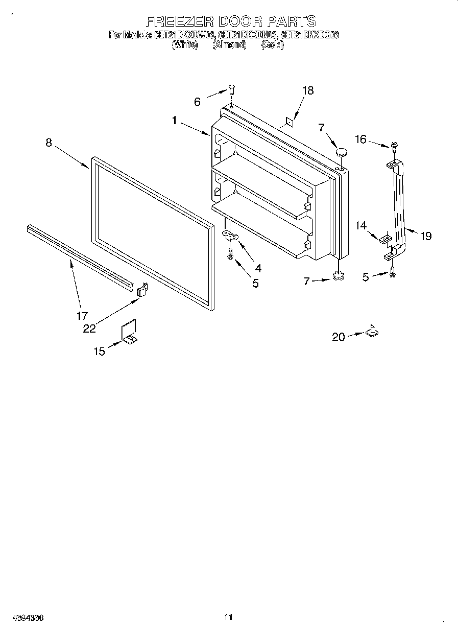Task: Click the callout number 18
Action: (307, 91)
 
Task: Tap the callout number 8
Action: (49, 143)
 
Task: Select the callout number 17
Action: (82, 315)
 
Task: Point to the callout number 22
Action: (90, 329)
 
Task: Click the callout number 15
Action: (99, 351)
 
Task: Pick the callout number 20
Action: (339, 337)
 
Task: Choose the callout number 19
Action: (426, 236)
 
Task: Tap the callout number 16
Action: (361, 139)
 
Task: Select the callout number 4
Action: (258, 267)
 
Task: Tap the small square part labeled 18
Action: (289, 121)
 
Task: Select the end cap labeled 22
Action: (142, 290)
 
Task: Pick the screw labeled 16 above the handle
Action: (395, 146)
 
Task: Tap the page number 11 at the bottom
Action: (228, 618)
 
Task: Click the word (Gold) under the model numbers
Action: (272, 44)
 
